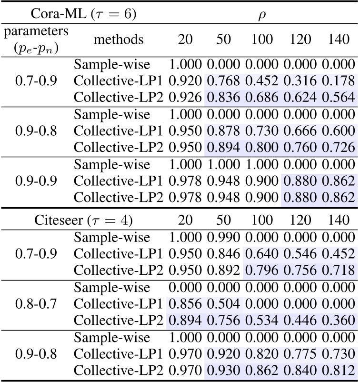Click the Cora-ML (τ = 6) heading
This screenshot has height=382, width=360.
tap(83, 13)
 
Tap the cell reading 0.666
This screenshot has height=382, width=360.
tap(300, 131)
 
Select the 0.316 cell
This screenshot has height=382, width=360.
tap(300, 80)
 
